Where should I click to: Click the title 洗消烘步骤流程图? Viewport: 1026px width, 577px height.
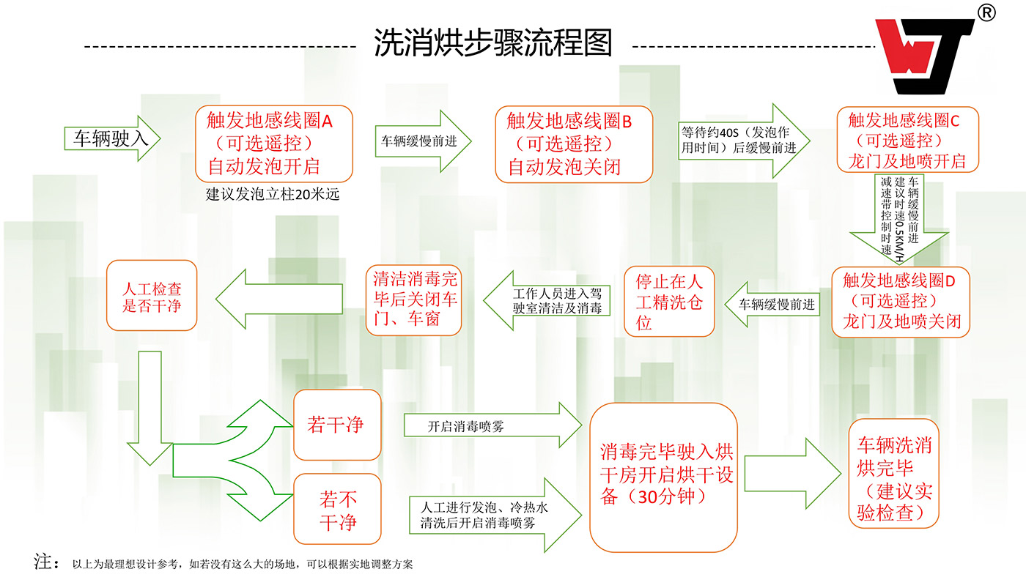pyautogui.click(x=492, y=42)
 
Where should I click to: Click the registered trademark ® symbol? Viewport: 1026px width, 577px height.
pyautogui.click(x=986, y=14)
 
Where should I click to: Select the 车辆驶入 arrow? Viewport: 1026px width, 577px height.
pyautogui.click(x=113, y=138)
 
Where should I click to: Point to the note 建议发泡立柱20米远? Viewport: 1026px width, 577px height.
pyautogui.click(x=272, y=195)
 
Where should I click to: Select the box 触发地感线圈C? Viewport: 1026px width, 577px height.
pyautogui.click(x=908, y=140)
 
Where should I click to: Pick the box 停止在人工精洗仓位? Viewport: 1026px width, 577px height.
pyautogui.click(x=669, y=301)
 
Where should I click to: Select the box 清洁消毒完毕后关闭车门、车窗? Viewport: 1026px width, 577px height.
pyautogui.click(x=415, y=299)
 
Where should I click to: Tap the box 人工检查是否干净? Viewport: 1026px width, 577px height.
pyautogui.click(x=152, y=295)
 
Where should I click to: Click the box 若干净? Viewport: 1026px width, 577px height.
pyautogui.click(x=336, y=425)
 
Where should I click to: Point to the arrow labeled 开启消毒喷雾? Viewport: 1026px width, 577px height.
pyautogui.click(x=492, y=426)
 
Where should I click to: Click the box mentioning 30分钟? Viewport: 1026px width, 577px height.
pyautogui.click(x=667, y=476)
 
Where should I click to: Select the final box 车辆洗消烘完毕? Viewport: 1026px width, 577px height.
pyautogui.click(x=893, y=473)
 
